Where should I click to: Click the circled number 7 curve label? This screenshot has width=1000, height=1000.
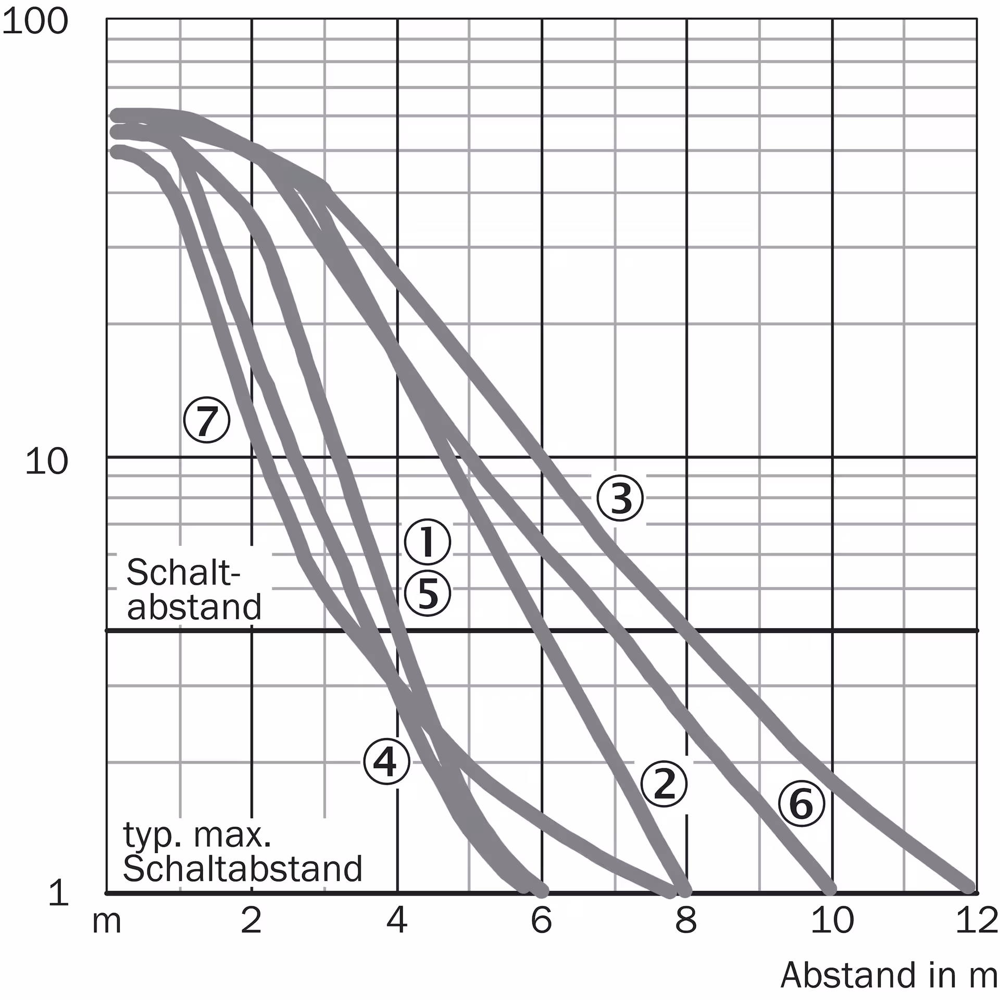click(x=207, y=420)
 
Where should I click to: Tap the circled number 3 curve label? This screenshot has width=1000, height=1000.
click(x=620, y=498)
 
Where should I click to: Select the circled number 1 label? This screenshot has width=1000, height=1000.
click(x=427, y=542)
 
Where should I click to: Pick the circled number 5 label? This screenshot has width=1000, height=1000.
click(x=427, y=593)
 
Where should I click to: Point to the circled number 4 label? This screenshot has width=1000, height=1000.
click(x=386, y=761)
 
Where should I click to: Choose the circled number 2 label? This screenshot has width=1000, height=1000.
click(x=664, y=784)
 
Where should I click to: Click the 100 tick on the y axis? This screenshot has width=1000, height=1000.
click(x=35, y=22)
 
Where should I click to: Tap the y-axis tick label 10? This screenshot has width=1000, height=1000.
click(x=46, y=461)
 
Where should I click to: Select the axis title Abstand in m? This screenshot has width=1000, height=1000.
click(x=889, y=975)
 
